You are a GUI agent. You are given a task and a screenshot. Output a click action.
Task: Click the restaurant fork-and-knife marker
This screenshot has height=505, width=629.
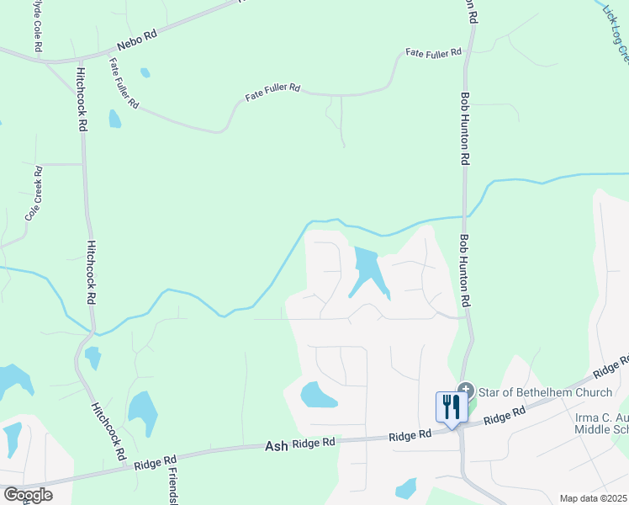(451, 407)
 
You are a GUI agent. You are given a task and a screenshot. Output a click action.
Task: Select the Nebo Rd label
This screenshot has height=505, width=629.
(137, 40)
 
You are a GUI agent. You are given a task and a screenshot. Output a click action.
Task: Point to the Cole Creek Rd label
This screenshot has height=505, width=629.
(34, 194)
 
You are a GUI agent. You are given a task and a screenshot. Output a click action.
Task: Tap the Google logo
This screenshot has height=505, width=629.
(27, 495)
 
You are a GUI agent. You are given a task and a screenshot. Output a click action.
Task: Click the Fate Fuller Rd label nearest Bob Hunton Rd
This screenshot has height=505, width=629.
(434, 52)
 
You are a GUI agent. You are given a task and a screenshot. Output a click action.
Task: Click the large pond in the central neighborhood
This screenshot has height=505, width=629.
(368, 270)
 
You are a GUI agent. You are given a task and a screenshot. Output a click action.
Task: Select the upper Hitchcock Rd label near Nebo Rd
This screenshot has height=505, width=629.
(82, 100)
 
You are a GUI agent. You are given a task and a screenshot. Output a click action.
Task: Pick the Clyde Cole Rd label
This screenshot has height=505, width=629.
(37, 25)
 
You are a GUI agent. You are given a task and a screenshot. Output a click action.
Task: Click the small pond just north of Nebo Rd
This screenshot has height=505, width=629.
(145, 72)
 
